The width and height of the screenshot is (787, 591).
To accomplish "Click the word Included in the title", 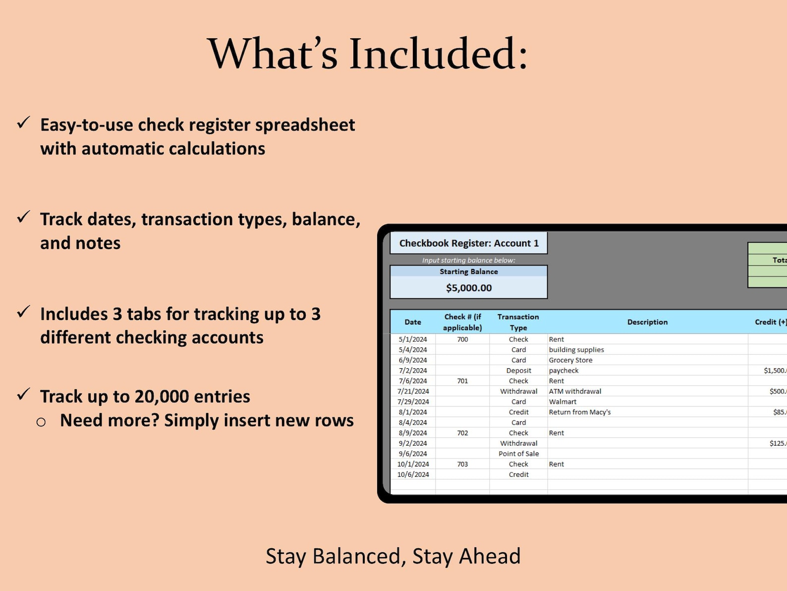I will pos(439,54).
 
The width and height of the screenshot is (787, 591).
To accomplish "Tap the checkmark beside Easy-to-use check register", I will pos(23,123).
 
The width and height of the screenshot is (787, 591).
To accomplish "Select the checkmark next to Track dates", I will pos(23,217).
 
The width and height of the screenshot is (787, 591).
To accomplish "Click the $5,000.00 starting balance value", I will pos(469,288).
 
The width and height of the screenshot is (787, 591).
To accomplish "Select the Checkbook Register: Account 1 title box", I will pos(469,243).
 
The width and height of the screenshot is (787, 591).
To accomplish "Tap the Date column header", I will pos(413,322).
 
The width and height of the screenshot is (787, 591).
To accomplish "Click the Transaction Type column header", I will pos(518,322).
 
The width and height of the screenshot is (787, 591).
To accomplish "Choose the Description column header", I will pos(647,322).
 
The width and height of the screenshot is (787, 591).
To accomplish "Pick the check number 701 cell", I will pos(462,381).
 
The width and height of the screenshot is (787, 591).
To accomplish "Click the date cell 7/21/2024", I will pos(413,392).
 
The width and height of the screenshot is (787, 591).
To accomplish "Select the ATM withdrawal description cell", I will pos(575,392).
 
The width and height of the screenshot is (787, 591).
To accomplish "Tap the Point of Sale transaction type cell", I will pos(518,454).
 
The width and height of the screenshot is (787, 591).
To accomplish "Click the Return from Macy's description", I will pos(579,412).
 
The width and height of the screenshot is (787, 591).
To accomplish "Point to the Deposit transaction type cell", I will pos(518,371).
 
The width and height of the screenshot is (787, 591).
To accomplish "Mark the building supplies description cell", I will pos(576,350).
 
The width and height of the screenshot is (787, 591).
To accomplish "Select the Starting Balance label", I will pos(469,272).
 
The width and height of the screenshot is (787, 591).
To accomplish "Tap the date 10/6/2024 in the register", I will pos(413,474).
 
